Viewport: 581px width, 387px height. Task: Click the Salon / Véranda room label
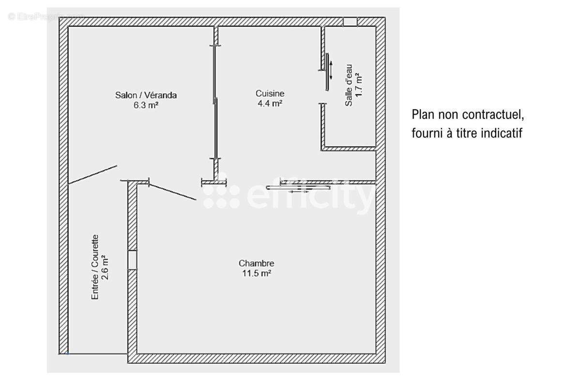pos(146,95)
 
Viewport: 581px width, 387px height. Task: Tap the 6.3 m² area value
pos(146,105)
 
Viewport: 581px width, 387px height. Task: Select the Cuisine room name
pos(270,93)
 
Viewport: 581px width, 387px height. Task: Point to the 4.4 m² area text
pos(270,104)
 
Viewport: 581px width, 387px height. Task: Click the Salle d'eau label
pos(349,85)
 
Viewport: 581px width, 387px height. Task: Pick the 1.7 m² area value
pos(358,85)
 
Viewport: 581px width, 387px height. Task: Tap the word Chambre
pos(256,263)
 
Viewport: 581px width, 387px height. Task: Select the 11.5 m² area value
pos(257,273)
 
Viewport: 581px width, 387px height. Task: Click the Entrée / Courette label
pos(95,267)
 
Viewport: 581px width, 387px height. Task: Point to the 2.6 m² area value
pos(105,267)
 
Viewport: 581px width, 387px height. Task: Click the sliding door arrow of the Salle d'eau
pos(331,70)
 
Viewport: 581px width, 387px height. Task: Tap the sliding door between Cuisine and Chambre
pos(298,187)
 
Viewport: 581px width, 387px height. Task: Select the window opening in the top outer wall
pos(350,22)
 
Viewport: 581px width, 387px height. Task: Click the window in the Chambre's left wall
pos(132,260)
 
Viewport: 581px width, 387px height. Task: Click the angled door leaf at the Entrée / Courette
pos(92,175)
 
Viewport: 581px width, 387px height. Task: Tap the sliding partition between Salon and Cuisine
pos(215,102)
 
